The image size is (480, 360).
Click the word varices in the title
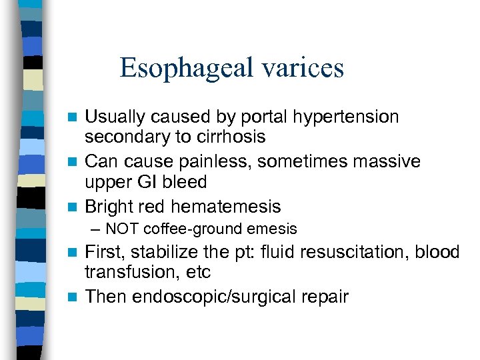(x=309, y=68)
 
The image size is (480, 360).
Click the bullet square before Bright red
(x=76, y=207)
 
